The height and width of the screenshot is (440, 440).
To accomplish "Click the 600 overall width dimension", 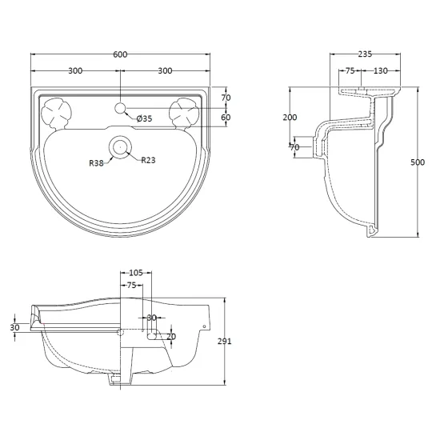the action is (x=120, y=54).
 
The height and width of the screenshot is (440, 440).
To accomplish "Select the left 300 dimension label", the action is (x=75, y=70).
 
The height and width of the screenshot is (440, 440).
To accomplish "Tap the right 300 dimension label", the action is (x=165, y=70).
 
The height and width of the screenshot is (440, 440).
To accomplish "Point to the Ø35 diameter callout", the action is (x=144, y=118).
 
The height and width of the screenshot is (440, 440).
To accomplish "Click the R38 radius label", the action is (x=96, y=163).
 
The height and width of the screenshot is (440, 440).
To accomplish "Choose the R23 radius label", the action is (x=148, y=160).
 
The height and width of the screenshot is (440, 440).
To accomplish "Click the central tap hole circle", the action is (x=120, y=108).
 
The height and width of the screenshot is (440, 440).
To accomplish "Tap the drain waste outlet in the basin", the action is (x=120, y=146).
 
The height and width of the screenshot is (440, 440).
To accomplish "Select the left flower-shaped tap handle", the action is (x=56, y=114).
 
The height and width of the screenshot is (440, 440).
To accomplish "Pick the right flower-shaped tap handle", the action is (x=184, y=114).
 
